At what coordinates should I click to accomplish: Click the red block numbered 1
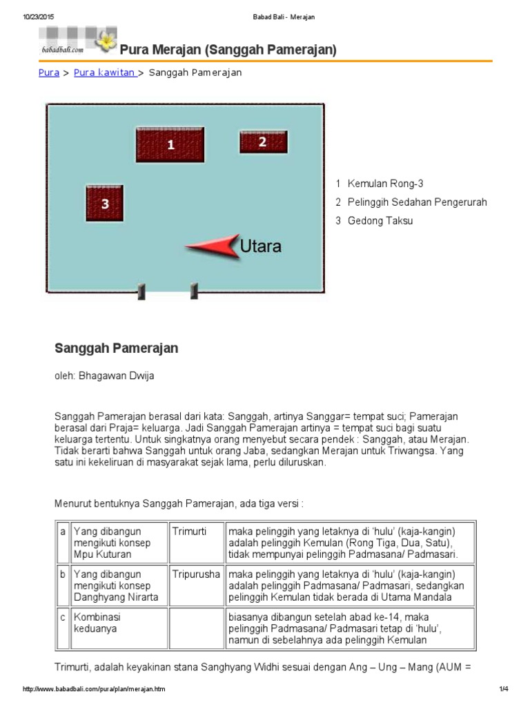(170, 145)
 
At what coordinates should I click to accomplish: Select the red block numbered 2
(263, 142)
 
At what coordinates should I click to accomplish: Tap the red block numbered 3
(105, 204)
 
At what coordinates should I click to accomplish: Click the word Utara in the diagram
(260, 246)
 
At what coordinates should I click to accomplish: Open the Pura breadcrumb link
(48, 72)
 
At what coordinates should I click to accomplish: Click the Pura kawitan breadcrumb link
(104, 72)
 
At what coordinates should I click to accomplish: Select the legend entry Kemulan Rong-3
(385, 184)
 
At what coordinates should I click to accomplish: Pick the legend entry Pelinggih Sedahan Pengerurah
(418, 202)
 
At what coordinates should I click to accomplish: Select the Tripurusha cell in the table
(195, 574)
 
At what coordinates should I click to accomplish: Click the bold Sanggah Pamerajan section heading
(116, 349)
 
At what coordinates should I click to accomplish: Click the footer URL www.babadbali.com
(94, 689)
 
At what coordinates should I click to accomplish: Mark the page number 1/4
(503, 689)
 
